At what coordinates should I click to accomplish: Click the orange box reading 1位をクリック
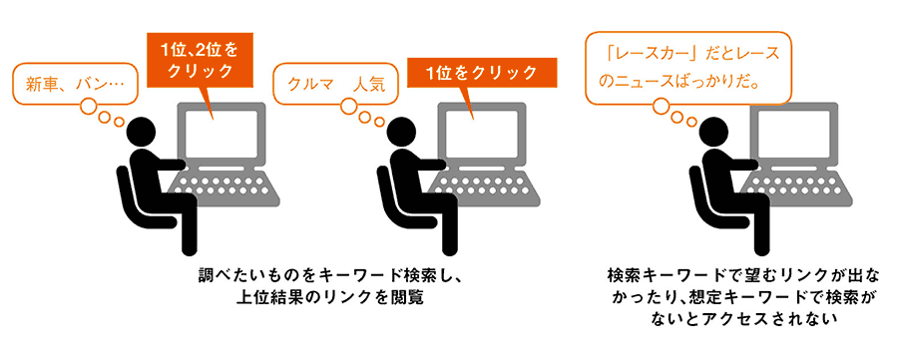[482, 72]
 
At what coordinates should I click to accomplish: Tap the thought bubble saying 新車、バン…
[76, 86]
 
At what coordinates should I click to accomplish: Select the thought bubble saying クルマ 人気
[335, 86]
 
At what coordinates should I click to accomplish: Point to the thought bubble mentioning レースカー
[688, 68]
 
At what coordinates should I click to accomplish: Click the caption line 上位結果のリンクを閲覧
[330, 297]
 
